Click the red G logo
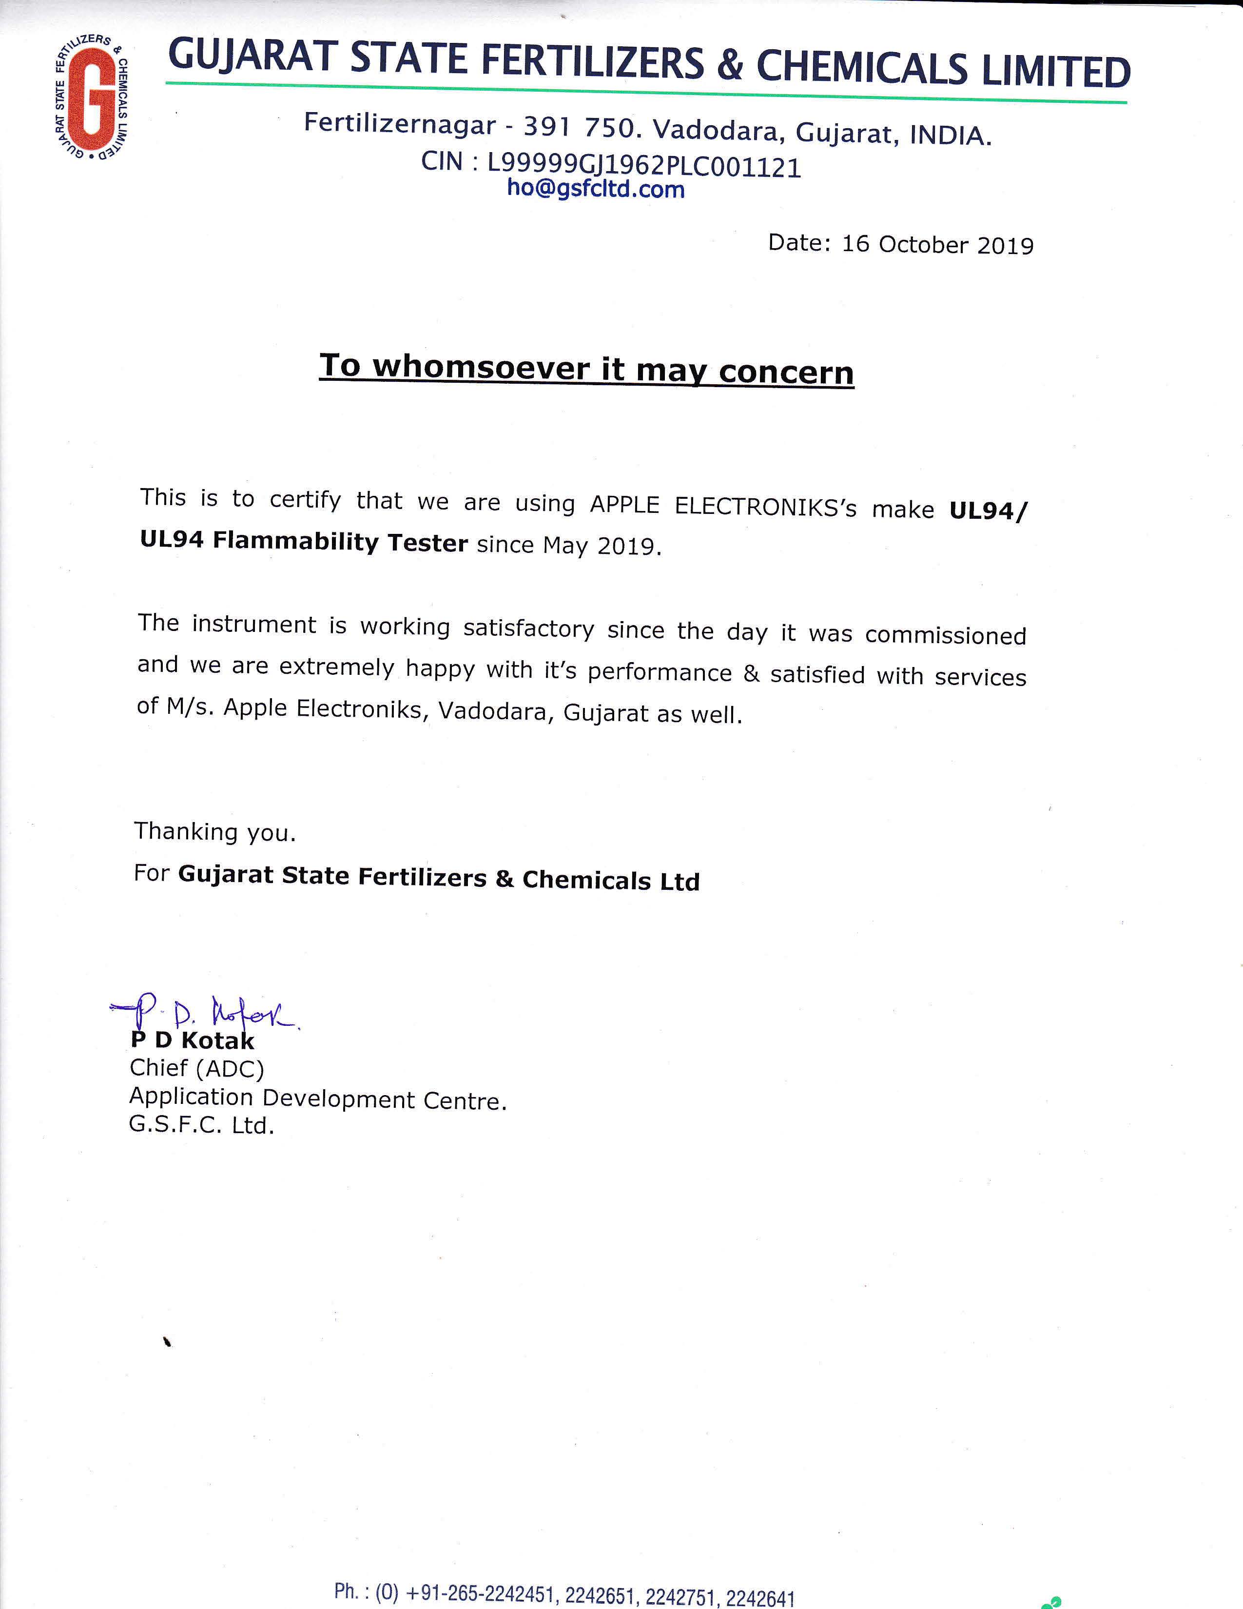(91, 99)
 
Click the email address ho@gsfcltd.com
(596, 189)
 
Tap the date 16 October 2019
(937, 245)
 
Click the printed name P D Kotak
(192, 1041)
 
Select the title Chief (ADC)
(196, 1069)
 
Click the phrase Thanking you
(214, 832)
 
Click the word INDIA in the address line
(949, 136)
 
